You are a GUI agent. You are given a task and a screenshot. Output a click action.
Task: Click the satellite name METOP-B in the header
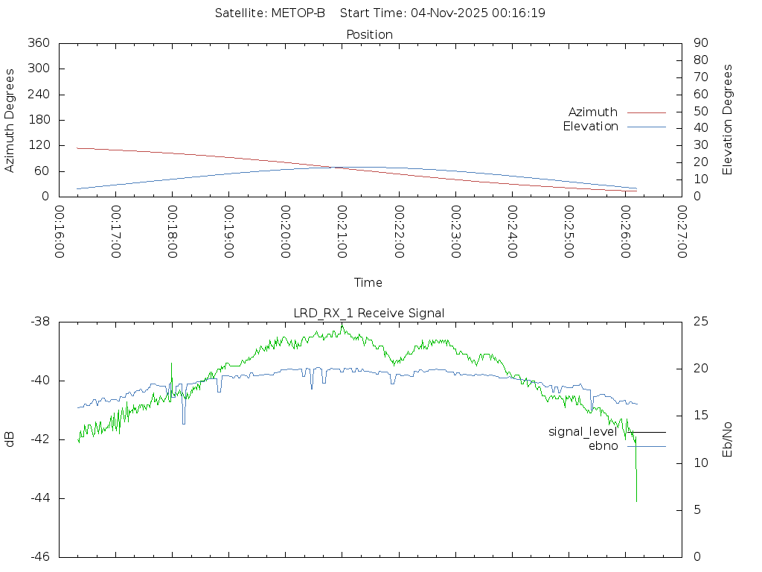coord(301,13)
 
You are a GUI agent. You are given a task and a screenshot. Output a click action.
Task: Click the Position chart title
coord(370,34)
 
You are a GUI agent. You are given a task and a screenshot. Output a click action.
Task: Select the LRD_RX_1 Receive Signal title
coord(369,313)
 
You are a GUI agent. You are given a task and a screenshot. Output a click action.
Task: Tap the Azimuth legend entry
coord(593,112)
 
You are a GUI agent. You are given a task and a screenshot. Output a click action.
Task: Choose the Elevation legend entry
coord(590,127)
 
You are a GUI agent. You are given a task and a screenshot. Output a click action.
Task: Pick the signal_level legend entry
coord(583,431)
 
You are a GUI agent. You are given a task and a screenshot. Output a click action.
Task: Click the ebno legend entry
coord(603,446)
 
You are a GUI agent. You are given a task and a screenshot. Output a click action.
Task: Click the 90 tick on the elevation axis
coord(699,43)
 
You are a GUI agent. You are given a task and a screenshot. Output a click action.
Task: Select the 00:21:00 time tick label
coord(342,232)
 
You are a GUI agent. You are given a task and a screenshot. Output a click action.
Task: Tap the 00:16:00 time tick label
coord(59,232)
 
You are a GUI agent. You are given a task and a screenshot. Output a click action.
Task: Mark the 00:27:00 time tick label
coord(681,232)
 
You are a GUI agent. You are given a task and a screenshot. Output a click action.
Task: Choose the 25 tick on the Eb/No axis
coord(700,322)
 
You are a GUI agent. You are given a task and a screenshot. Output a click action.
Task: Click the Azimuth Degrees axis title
coord(10,120)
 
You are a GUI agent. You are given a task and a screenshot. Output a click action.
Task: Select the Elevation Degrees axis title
coord(728,119)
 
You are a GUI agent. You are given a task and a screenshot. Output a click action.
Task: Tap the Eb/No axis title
coord(728,439)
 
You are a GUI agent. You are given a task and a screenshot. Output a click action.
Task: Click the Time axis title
coord(368,282)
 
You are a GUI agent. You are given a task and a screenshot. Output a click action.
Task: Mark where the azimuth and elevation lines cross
coord(335,168)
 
